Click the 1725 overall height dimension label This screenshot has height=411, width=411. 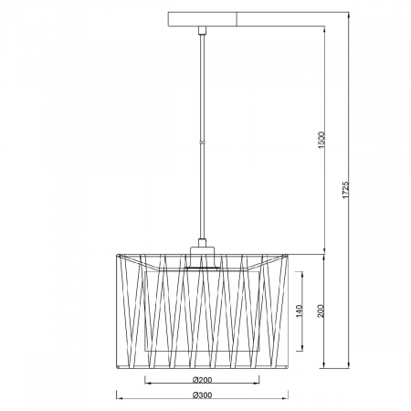click(x=345, y=190)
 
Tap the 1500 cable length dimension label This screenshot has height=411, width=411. click(x=321, y=140)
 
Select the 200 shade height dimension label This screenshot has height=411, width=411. click(x=321, y=311)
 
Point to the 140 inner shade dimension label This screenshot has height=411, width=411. click(x=299, y=311)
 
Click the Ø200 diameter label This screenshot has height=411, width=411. click(x=202, y=380)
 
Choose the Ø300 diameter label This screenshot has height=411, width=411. click(x=202, y=395)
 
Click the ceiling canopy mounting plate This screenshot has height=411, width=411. click(x=203, y=19)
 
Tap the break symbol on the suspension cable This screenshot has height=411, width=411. click(x=202, y=142)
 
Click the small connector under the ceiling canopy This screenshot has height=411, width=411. click(x=202, y=30)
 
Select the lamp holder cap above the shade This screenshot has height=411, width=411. click(x=202, y=258)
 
